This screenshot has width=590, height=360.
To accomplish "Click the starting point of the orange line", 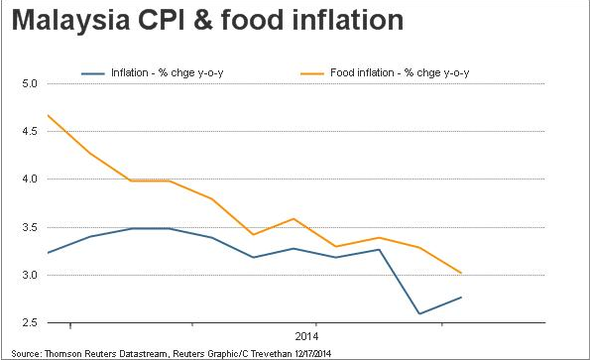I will (x=49, y=115).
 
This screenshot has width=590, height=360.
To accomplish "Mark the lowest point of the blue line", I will (x=419, y=313).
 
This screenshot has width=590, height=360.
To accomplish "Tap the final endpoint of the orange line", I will (x=461, y=273).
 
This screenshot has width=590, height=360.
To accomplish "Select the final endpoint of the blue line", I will (x=461, y=298).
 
